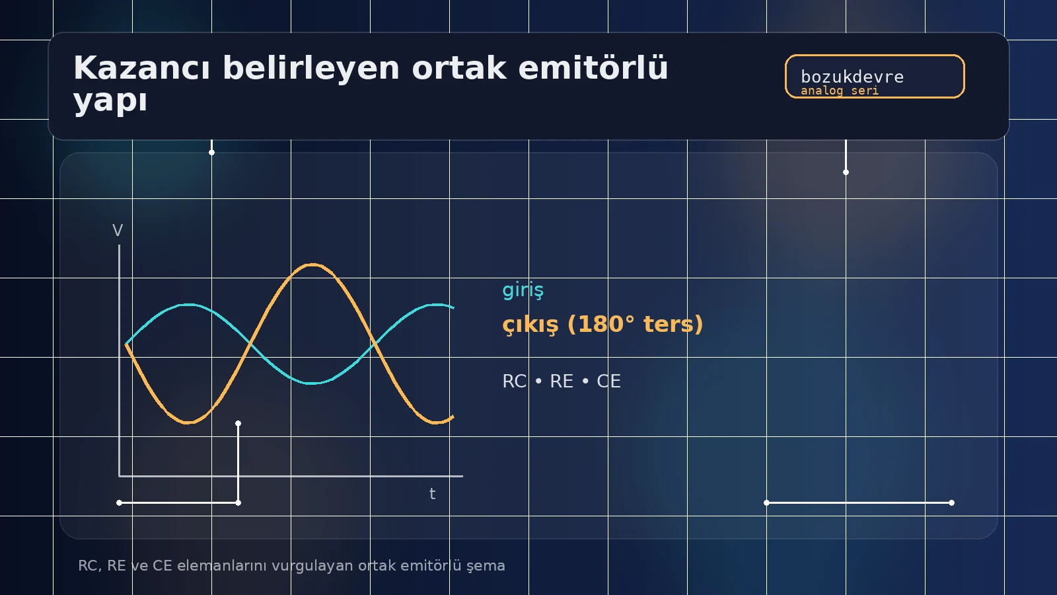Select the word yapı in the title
coord(110,101)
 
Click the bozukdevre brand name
coord(852,77)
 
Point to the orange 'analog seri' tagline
coord(839,91)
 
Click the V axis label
coord(118,231)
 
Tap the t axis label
coord(432,494)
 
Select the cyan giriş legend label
coord(523,290)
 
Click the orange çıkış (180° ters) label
coord(602,324)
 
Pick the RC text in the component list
coord(514,381)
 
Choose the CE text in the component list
coord(608,381)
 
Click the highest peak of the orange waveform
coord(312,264)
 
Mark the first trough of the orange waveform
coord(188,422)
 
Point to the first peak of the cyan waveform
coord(189,305)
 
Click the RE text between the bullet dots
coord(562,381)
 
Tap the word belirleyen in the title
coord(310,68)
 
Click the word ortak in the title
coord(458,68)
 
